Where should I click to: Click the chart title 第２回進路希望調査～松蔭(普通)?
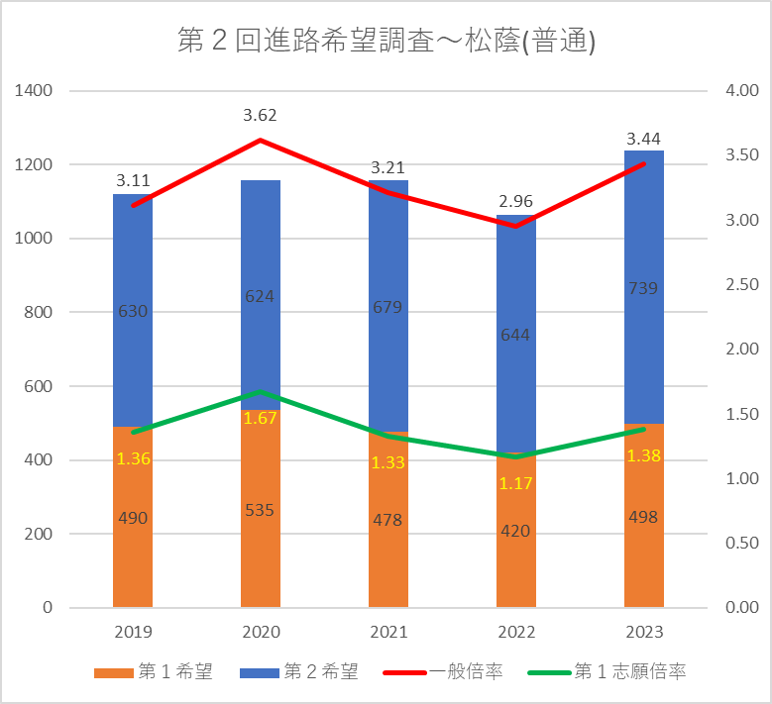point(386,42)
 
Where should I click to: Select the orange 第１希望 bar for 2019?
point(133,554)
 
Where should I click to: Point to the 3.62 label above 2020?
point(260,116)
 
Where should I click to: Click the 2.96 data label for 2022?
point(516,201)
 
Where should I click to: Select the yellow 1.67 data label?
point(261,417)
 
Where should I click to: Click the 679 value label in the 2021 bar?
point(387,307)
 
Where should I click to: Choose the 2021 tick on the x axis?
point(387,633)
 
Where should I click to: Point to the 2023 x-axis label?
point(643,633)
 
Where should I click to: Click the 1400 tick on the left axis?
point(34,91)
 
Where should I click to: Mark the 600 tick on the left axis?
point(39,386)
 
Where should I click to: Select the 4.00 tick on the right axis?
point(741,91)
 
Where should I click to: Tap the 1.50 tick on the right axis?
point(741,414)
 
